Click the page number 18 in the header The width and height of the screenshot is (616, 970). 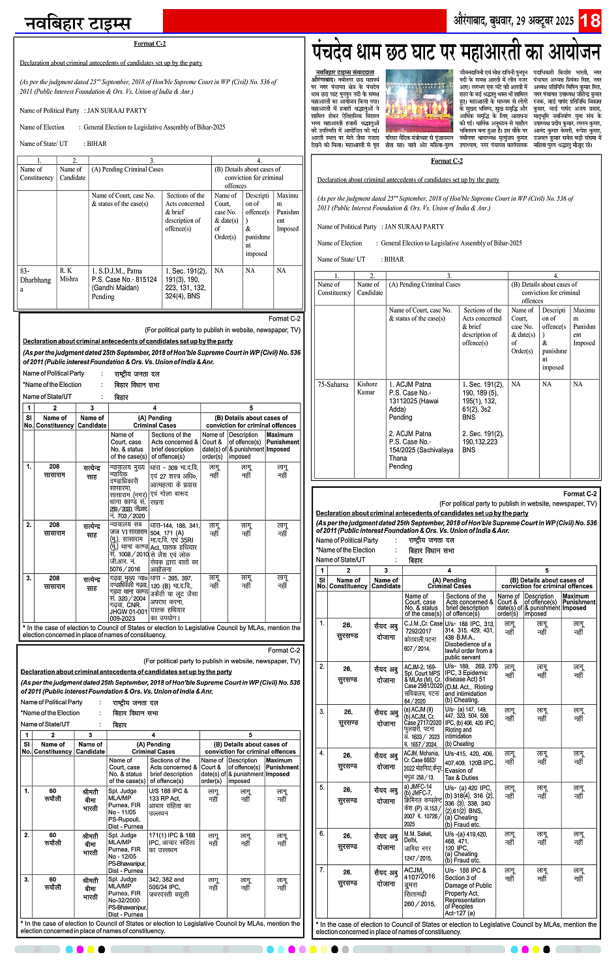tap(590, 20)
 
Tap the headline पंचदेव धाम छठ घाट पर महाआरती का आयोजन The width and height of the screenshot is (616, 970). tap(456, 51)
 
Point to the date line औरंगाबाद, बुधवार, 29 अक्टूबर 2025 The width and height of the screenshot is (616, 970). tap(513, 21)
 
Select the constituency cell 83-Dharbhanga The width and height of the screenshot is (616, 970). tap(35, 279)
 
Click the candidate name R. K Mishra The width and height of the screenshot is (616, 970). tap(68, 274)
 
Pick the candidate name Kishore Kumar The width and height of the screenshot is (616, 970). tap(367, 388)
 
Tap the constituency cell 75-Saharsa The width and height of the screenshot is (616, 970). tap(333, 384)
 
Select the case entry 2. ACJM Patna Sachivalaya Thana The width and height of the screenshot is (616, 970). tap(420, 450)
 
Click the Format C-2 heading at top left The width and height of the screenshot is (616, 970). tap(150, 44)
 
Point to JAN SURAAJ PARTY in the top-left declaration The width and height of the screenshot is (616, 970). tap(117, 111)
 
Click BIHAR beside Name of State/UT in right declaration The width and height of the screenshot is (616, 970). tap(394, 259)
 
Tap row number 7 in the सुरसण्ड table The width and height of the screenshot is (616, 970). tap(321, 870)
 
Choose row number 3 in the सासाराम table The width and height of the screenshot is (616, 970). tap(29, 578)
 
